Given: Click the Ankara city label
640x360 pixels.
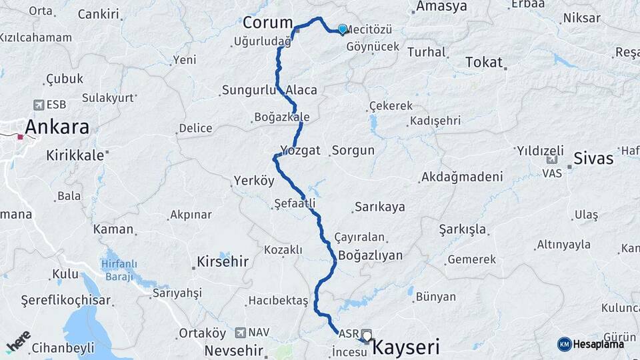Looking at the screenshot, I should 57,127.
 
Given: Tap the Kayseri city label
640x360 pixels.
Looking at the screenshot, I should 405,347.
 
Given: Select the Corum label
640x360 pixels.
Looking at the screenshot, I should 268,23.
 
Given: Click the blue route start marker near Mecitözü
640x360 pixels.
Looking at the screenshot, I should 343,29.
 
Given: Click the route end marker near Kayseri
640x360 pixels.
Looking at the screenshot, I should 366,335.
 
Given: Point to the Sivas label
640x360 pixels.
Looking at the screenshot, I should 594,159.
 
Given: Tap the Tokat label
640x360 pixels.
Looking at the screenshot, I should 483,62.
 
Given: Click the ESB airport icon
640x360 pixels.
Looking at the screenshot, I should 39,105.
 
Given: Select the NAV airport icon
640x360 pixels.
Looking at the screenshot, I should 241,332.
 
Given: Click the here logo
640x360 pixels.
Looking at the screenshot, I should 18,341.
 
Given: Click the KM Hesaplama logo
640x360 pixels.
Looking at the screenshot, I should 591,344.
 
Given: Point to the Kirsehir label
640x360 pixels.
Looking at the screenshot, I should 223,262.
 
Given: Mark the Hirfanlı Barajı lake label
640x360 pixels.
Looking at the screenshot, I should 121,269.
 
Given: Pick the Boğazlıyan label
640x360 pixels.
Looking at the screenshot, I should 371,255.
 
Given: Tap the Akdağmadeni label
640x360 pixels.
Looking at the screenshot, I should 461,177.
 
